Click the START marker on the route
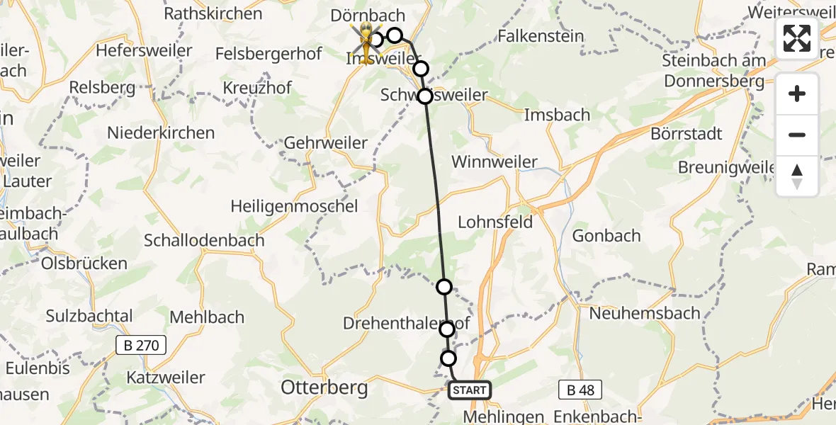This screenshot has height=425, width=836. (x=469, y=390)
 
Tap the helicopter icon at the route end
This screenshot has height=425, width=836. (x=366, y=41)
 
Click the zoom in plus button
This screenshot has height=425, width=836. (x=797, y=94)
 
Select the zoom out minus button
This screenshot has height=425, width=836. (x=797, y=135)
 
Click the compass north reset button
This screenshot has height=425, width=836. (x=797, y=176)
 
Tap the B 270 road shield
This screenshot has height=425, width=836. (x=141, y=345)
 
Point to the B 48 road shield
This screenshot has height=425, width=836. (x=580, y=390)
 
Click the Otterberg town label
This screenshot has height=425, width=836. (x=324, y=387)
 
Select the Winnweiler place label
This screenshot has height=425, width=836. (x=495, y=162)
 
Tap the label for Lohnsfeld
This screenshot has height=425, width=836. (x=495, y=222)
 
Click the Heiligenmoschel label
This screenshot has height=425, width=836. (x=294, y=206)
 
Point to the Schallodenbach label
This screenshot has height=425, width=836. (x=204, y=240)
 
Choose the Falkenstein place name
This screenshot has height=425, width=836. (x=541, y=36)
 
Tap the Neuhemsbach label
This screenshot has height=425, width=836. (x=645, y=312)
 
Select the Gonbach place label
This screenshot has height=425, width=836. (x=606, y=236)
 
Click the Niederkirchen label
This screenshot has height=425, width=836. (x=161, y=132)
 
